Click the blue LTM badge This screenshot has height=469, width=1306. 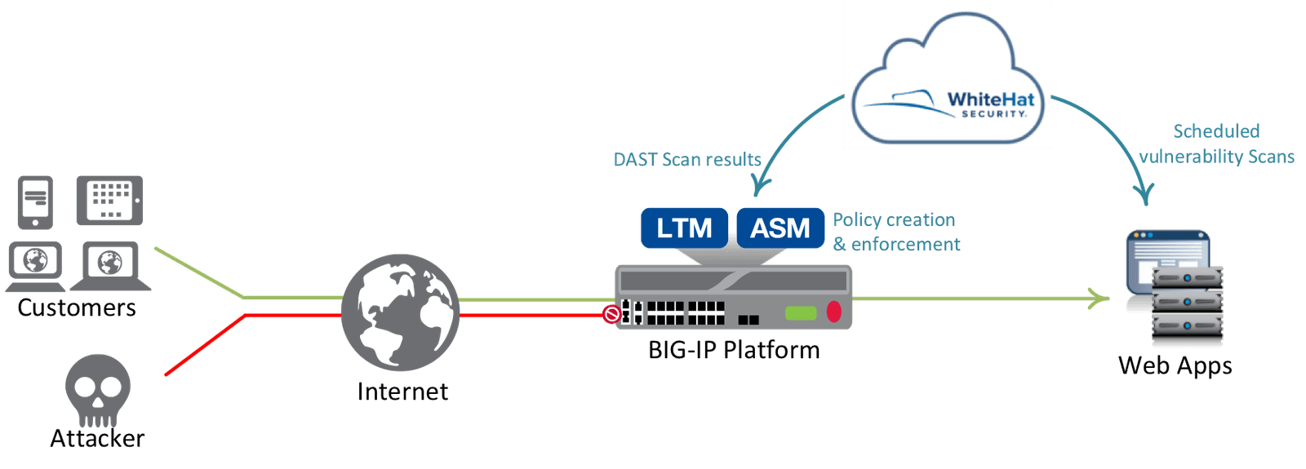[x=683, y=228]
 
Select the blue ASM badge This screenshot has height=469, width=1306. [x=780, y=228]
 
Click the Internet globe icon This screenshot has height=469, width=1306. [x=400, y=312]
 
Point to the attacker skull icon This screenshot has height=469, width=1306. [x=97, y=388]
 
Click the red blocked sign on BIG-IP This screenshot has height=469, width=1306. [x=611, y=314]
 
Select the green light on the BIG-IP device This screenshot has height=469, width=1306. [x=800, y=312]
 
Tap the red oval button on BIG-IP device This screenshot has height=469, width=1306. [x=833, y=312]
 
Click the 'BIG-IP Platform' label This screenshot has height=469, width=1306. [x=733, y=350]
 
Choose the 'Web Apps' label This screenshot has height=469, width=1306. [x=1175, y=365]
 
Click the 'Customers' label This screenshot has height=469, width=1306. [x=77, y=308]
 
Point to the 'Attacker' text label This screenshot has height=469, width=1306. [x=97, y=438]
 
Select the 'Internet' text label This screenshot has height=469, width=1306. [x=402, y=392]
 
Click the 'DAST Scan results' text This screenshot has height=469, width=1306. [x=686, y=159]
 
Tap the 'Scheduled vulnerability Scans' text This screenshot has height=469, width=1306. [x=1216, y=144]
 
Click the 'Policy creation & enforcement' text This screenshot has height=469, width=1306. [x=895, y=232]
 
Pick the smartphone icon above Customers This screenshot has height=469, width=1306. [x=35, y=201]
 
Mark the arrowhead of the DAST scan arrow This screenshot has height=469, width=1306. [x=758, y=189]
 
